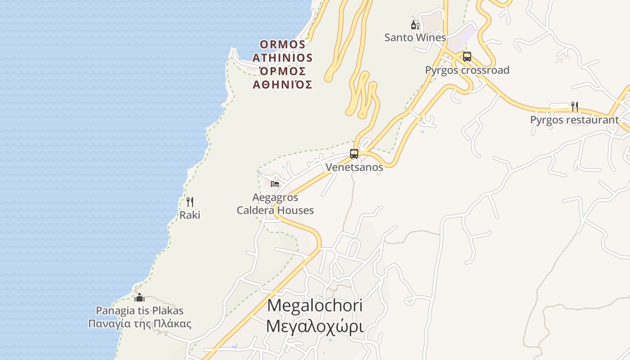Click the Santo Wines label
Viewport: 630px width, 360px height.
point(415,37)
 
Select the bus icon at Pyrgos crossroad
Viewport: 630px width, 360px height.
point(467,57)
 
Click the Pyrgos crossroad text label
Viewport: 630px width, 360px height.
point(467,70)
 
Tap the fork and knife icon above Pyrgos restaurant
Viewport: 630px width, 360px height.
point(574,107)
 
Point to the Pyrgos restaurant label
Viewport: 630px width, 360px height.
point(574,120)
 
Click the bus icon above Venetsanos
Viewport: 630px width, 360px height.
point(354,154)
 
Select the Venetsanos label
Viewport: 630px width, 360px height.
point(354,167)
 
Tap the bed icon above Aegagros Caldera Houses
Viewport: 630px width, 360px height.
point(275,184)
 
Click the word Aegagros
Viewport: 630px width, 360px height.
point(275,197)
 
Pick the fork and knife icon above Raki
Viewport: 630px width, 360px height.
point(190,202)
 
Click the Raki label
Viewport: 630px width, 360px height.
point(190,215)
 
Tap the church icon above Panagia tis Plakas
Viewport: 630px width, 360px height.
point(139,297)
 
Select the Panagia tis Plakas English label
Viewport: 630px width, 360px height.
point(139,310)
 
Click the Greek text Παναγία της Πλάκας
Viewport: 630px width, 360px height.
point(139,324)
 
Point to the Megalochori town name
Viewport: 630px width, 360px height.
point(315,305)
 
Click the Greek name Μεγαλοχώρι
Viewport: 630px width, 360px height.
point(315,326)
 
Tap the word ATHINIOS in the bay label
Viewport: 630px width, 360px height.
point(282,58)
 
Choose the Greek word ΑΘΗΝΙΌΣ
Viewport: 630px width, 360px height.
point(282,85)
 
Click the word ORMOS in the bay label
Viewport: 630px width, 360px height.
point(283,45)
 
